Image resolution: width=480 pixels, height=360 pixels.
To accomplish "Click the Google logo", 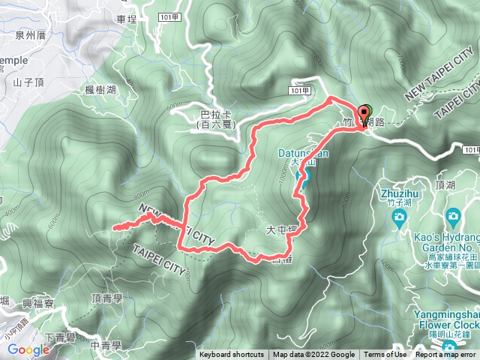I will pyautogui.click(x=28, y=349).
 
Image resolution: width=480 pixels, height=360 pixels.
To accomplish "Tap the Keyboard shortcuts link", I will pyautogui.click(x=231, y=355).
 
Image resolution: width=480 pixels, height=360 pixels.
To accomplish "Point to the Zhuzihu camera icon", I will pyautogui.click(x=399, y=217).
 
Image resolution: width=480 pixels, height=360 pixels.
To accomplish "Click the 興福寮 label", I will pyautogui.click(x=38, y=304).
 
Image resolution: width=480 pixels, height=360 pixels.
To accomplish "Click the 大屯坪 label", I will pyautogui.click(x=277, y=230).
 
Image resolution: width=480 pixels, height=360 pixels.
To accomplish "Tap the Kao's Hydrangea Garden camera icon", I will pyautogui.click(x=453, y=217).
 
